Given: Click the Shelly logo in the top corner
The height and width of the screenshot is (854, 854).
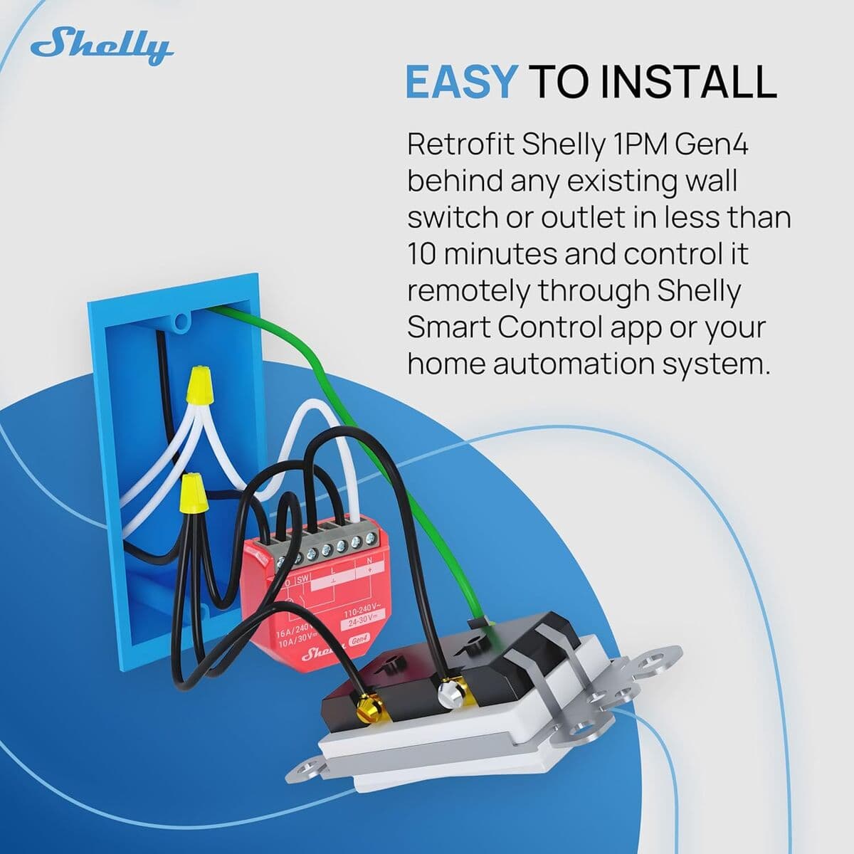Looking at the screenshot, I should coord(101,47).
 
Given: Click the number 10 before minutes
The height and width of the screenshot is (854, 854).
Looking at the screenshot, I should coord(421,254).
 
